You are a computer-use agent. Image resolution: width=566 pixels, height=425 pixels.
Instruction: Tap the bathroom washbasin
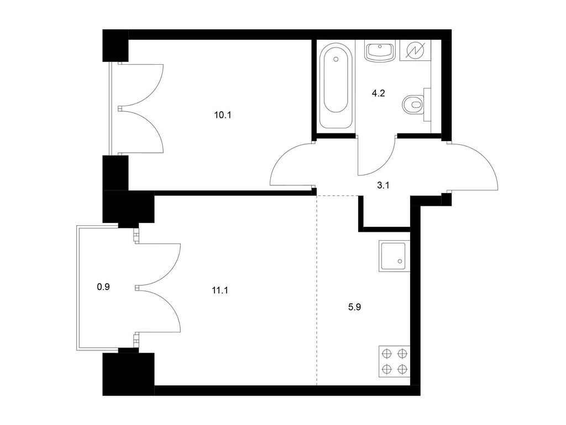point(380,51)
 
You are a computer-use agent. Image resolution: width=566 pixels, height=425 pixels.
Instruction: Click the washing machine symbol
point(415,50)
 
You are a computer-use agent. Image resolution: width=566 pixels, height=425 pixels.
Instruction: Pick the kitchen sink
point(394,256)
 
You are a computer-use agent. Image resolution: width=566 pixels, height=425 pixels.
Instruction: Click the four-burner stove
point(394,361)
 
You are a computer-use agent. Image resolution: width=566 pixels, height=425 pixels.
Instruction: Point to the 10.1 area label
point(222,115)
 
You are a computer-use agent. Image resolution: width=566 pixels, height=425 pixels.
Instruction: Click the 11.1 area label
point(220,290)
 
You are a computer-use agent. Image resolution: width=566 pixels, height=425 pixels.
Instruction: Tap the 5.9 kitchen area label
point(354,307)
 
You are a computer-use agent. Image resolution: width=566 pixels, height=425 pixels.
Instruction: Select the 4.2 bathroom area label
point(378,93)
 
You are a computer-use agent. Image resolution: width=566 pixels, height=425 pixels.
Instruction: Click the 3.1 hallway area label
point(383,186)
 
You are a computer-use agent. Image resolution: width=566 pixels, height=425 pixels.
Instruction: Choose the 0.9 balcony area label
point(103,287)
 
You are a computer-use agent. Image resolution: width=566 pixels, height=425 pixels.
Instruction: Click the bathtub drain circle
point(336,59)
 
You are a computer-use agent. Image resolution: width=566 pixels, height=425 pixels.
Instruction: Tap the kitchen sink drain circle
point(400,261)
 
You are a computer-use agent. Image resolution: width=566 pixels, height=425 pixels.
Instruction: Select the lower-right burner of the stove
point(402,369)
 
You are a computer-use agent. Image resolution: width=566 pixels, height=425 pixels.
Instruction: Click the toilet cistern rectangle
point(427,105)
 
